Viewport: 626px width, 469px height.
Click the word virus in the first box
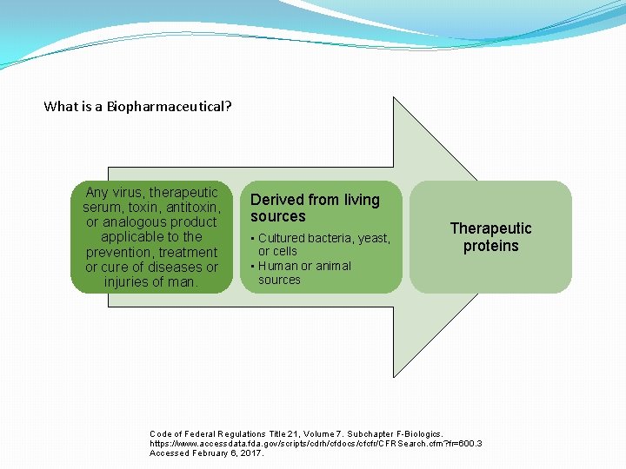click(x=129, y=192)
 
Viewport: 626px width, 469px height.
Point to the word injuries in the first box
click(x=128, y=282)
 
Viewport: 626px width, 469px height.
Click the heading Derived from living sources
click(x=315, y=208)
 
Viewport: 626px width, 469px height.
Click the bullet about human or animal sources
click(x=304, y=273)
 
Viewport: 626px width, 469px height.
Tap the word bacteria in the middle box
click(x=330, y=238)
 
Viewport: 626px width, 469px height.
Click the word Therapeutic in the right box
click(x=490, y=228)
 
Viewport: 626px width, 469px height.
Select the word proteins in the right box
click(x=490, y=246)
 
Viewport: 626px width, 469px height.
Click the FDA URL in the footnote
click(x=316, y=444)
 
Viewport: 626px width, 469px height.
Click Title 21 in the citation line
click(x=284, y=433)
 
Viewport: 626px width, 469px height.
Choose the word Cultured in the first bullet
click(x=282, y=238)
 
